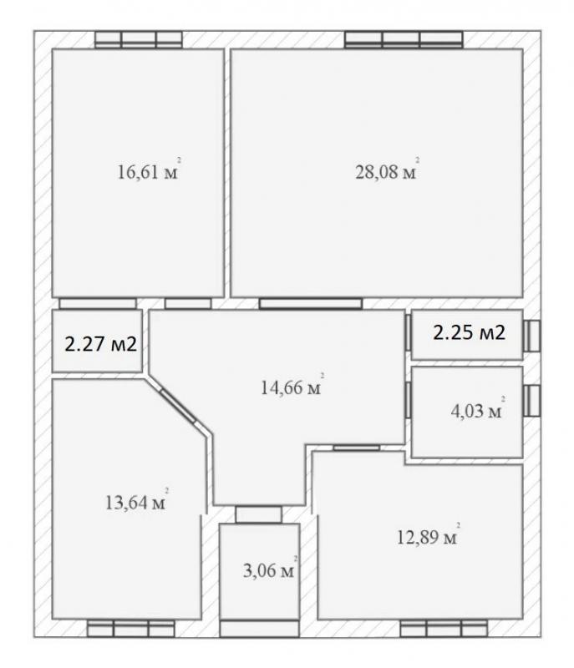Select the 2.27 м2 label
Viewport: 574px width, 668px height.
pyautogui.click(x=100, y=343)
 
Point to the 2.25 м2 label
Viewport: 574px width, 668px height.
pyautogui.click(x=470, y=332)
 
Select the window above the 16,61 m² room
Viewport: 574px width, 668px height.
pyautogui.click(x=139, y=39)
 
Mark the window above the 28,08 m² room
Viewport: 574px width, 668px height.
pyautogui.click(x=404, y=39)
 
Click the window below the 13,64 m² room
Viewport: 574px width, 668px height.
pyautogui.click(x=131, y=629)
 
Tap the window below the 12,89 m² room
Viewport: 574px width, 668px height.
pyautogui.click(x=444, y=629)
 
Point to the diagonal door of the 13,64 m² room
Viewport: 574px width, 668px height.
pyautogui.click(x=178, y=406)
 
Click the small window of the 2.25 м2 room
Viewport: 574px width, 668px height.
pyautogui.click(x=532, y=337)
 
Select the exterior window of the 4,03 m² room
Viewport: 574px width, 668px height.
pyautogui.click(x=532, y=401)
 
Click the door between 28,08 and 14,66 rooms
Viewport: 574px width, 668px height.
pyautogui.click(x=311, y=303)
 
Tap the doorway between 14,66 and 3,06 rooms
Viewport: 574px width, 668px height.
pyautogui.click(x=259, y=514)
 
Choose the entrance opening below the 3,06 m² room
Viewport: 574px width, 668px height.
pyautogui.click(x=259, y=629)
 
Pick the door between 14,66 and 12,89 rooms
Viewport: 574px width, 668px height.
pyautogui.click(x=356, y=448)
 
